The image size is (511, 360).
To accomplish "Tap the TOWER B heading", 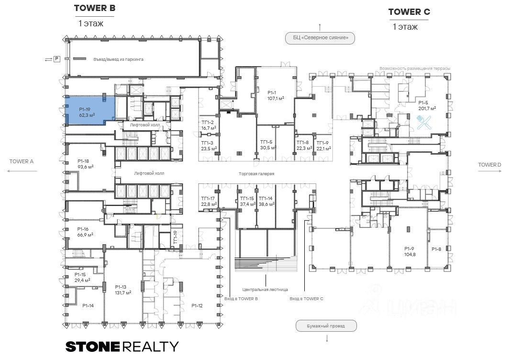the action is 95,8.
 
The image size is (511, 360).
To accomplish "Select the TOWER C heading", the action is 409,12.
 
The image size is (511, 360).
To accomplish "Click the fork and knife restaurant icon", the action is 424,124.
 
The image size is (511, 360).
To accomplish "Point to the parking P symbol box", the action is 56,59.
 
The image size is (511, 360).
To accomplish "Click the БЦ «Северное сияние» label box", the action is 320,38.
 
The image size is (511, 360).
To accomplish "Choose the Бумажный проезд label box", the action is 326,326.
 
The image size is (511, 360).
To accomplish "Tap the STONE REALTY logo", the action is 122,346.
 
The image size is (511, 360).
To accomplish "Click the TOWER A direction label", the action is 22,161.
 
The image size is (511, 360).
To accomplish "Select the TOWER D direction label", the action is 489,165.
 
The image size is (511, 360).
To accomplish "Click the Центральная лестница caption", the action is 265,289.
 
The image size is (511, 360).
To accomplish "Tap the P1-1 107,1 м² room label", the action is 276,95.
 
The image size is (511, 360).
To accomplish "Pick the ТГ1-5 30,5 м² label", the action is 268,145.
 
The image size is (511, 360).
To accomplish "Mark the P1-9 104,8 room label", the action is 409,251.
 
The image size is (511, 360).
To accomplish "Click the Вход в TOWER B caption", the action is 241,299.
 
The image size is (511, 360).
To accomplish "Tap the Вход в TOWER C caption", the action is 306,299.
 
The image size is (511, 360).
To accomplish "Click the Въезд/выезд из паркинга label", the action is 119,59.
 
